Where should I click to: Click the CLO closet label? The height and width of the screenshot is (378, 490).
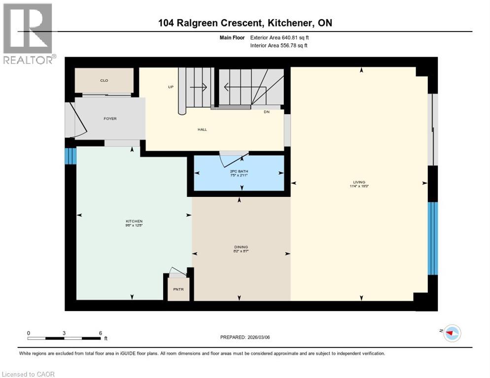[x=104, y=80]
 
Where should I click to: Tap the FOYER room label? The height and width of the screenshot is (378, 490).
[x=110, y=119]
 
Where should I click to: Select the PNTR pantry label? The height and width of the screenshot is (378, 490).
[x=178, y=289]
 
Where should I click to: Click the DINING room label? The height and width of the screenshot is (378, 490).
[x=241, y=247]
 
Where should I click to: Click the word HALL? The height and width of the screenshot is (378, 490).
[x=202, y=129]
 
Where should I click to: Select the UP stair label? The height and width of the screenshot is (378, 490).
[x=171, y=87]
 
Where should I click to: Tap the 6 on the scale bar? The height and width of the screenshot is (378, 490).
[x=101, y=333]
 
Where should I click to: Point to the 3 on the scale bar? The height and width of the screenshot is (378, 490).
[x=64, y=333]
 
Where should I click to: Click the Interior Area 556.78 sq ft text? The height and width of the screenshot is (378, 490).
[x=280, y=46]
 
